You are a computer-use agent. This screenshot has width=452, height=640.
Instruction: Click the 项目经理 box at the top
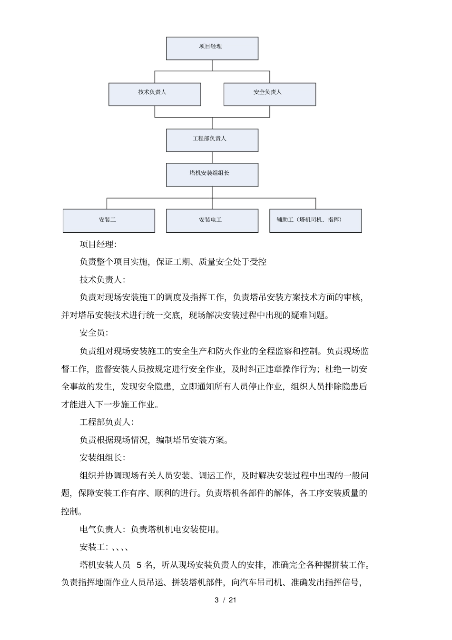(x=212, y=49)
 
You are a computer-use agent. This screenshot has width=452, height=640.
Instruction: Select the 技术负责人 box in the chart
(x=154, y=94)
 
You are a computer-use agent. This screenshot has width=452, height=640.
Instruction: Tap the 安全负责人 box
(x=269, y=94)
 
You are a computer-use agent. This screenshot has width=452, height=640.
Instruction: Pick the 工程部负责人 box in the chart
(x=212, y=140)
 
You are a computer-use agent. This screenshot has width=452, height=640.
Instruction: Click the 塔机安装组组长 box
(x=212, y=175)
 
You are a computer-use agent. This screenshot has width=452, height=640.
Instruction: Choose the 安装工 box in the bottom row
(x=108, y=221)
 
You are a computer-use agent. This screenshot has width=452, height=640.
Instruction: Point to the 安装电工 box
(x=212, y=221)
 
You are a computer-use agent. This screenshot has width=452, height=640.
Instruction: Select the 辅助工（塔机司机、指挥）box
(x=315, y=221)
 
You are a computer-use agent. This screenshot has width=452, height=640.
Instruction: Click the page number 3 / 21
(x=226, y=600)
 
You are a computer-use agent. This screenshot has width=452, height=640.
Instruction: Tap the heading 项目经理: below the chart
(x=98, y=245)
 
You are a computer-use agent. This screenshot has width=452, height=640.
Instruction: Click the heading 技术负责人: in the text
(x=102, y=280)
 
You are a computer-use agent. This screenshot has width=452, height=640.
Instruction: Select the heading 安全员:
(x=93, y=333)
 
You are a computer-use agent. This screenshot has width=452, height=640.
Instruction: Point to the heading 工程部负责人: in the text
(x=106, y=422)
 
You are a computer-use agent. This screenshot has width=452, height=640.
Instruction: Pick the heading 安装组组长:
(x=102, y=457)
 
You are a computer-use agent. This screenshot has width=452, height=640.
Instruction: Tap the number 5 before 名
(x=139, y=565)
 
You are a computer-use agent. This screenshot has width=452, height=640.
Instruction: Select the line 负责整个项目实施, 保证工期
(x=173, y=262)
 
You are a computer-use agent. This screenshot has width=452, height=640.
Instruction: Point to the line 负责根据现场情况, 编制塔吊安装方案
(x=154, y=440)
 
